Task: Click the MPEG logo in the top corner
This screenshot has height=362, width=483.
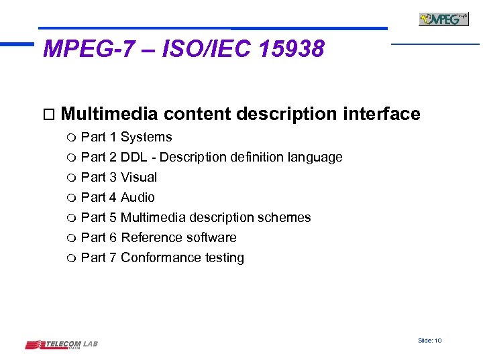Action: pos(443,19)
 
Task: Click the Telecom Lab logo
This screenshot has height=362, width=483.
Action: pos(61,345)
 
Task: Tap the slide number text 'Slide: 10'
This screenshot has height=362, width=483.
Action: pos(429,341)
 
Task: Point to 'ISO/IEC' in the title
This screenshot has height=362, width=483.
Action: pos(197,49)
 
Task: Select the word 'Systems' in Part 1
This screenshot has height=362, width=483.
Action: pos(146,137)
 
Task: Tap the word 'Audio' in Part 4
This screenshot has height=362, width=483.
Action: pos(138,198)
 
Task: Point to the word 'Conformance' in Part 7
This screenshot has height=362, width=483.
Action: pos(160,258)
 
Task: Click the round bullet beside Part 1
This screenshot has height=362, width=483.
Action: pos(72,138)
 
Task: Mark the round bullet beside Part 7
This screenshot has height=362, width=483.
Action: pos(72,259)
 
